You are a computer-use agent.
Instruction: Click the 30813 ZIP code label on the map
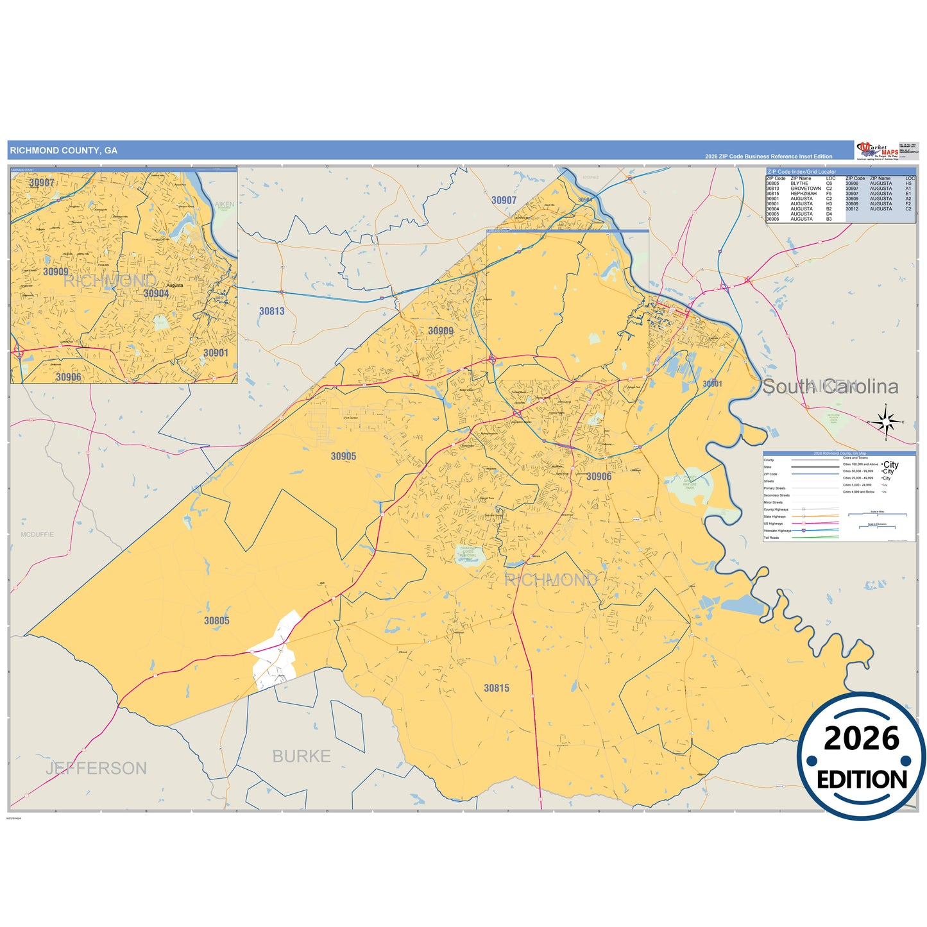click(271, 311)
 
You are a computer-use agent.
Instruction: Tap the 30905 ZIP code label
click(343, 456)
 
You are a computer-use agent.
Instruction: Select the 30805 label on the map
click(217, 620)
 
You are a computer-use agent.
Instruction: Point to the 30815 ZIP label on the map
click(497, 688)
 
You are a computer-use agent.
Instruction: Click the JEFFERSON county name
click(96, 768)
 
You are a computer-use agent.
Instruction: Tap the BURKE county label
click(302, 756)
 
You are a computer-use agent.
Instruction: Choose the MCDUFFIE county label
click(37, 534)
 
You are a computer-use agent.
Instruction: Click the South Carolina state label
click(829, 386)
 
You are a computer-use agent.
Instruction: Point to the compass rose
click(885, 421)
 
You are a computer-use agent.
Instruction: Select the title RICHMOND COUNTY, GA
click(64, 151)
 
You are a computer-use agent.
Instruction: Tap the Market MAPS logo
click(878, 151)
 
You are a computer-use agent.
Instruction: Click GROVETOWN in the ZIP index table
click(805, 189)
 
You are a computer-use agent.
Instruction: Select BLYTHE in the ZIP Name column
click(799, 183)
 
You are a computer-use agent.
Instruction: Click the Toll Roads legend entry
click(771, 538)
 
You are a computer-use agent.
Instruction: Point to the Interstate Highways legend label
click(777, 531)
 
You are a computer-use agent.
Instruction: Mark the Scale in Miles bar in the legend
click(877, 514)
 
